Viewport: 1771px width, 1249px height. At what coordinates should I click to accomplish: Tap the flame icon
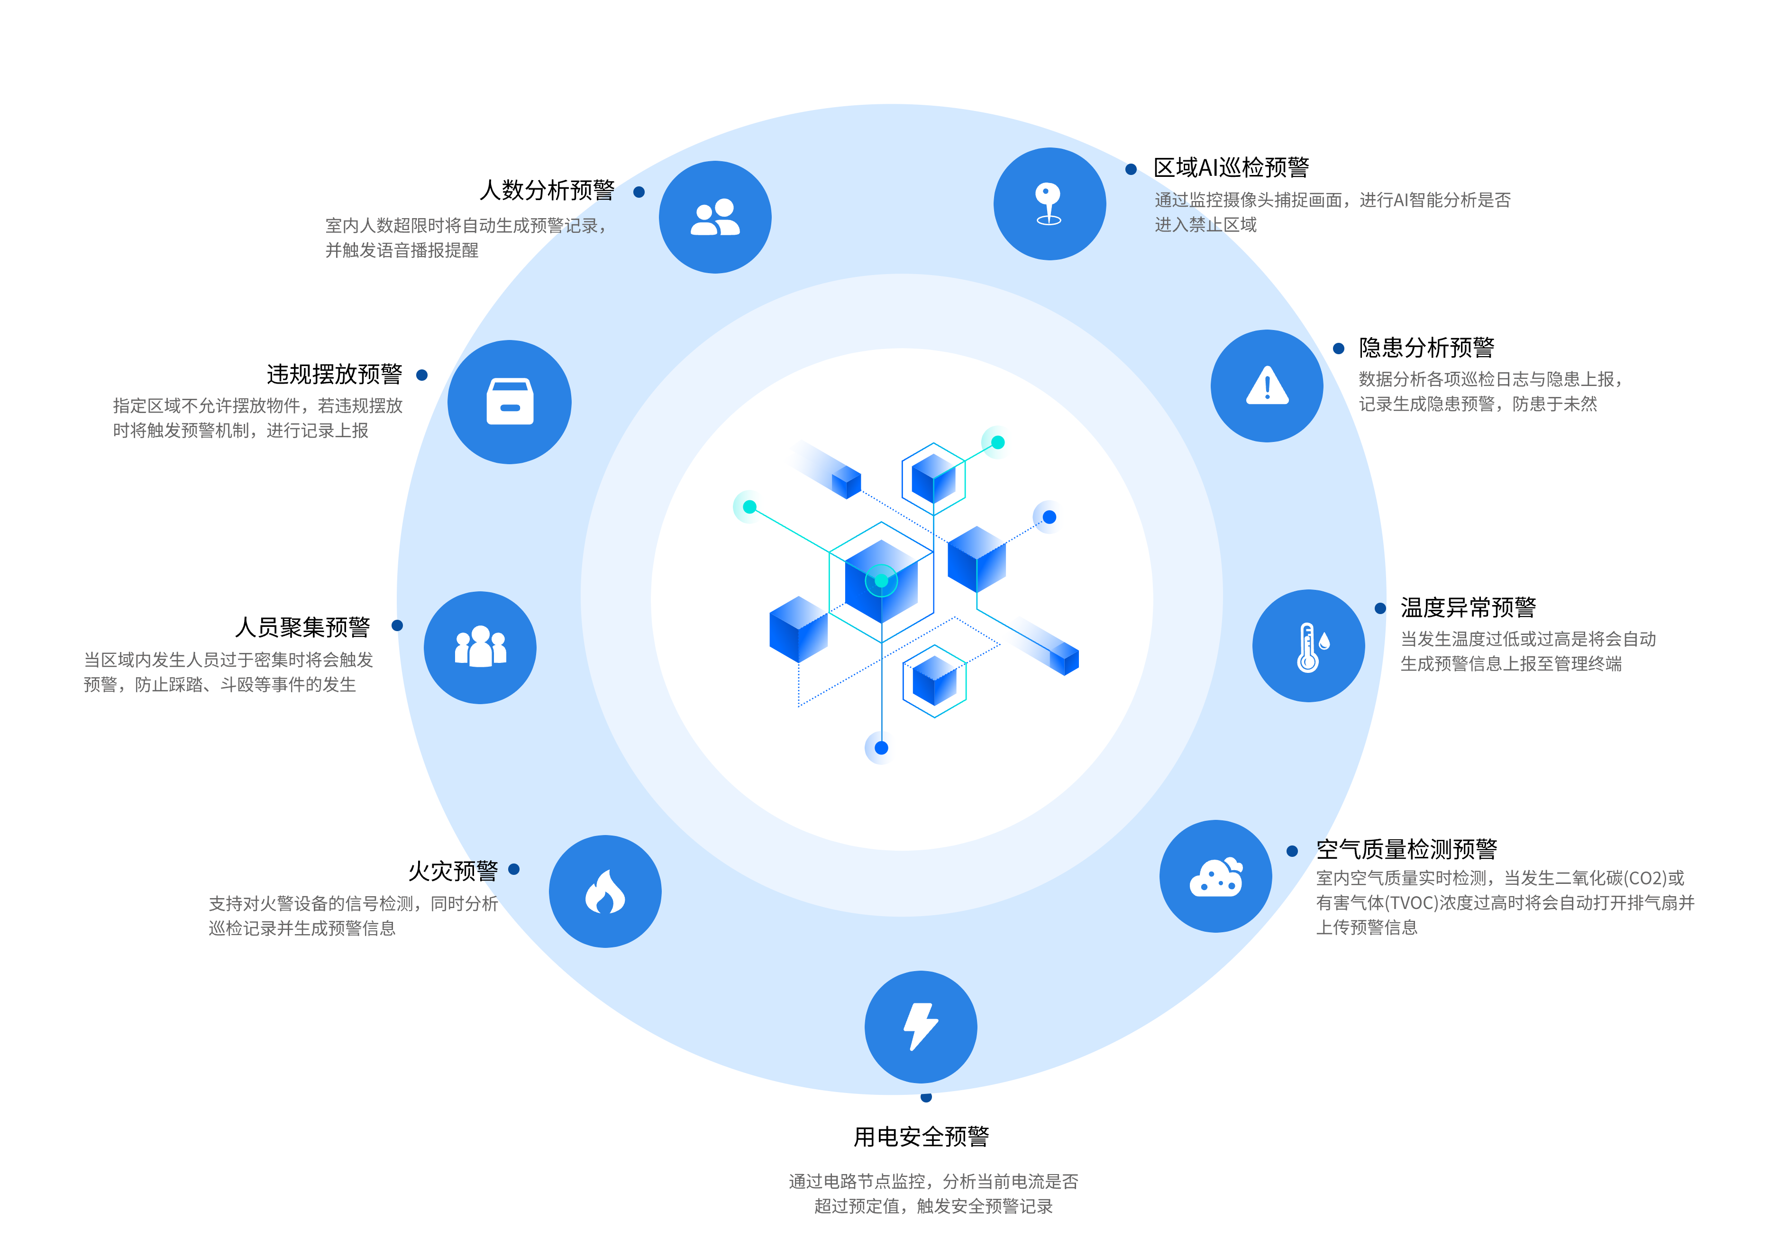click(x=605, y=892)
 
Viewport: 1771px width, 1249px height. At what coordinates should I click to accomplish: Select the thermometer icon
click(x=1308, y=646)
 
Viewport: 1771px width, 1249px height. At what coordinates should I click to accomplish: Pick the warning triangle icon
click(x=1267, y=386)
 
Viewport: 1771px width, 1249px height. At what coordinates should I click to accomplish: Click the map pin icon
click(x=1049, y=204)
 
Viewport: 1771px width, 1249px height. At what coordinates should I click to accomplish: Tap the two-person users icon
click(x=715, y=218)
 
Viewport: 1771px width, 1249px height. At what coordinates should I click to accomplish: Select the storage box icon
click(x=510, y=402)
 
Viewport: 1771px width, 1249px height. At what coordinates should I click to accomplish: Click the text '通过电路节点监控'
click(x=856, y=1181)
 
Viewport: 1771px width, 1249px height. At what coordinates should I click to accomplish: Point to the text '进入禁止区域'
click(x=1205, y=224)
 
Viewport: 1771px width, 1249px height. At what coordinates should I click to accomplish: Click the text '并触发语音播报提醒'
click(x=402, y=250)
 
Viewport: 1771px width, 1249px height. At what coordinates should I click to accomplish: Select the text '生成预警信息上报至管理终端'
click(x=1511, y=663)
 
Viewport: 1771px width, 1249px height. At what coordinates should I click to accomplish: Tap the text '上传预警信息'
click(x=1367, y=928)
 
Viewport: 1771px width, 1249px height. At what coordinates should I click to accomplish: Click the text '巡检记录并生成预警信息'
click(x=302, y=928)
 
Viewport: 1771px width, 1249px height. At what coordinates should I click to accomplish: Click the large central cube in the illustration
click(x=881, y=582)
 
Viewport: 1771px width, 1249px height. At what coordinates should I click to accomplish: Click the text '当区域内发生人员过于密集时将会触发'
click(x=228, y=660)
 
